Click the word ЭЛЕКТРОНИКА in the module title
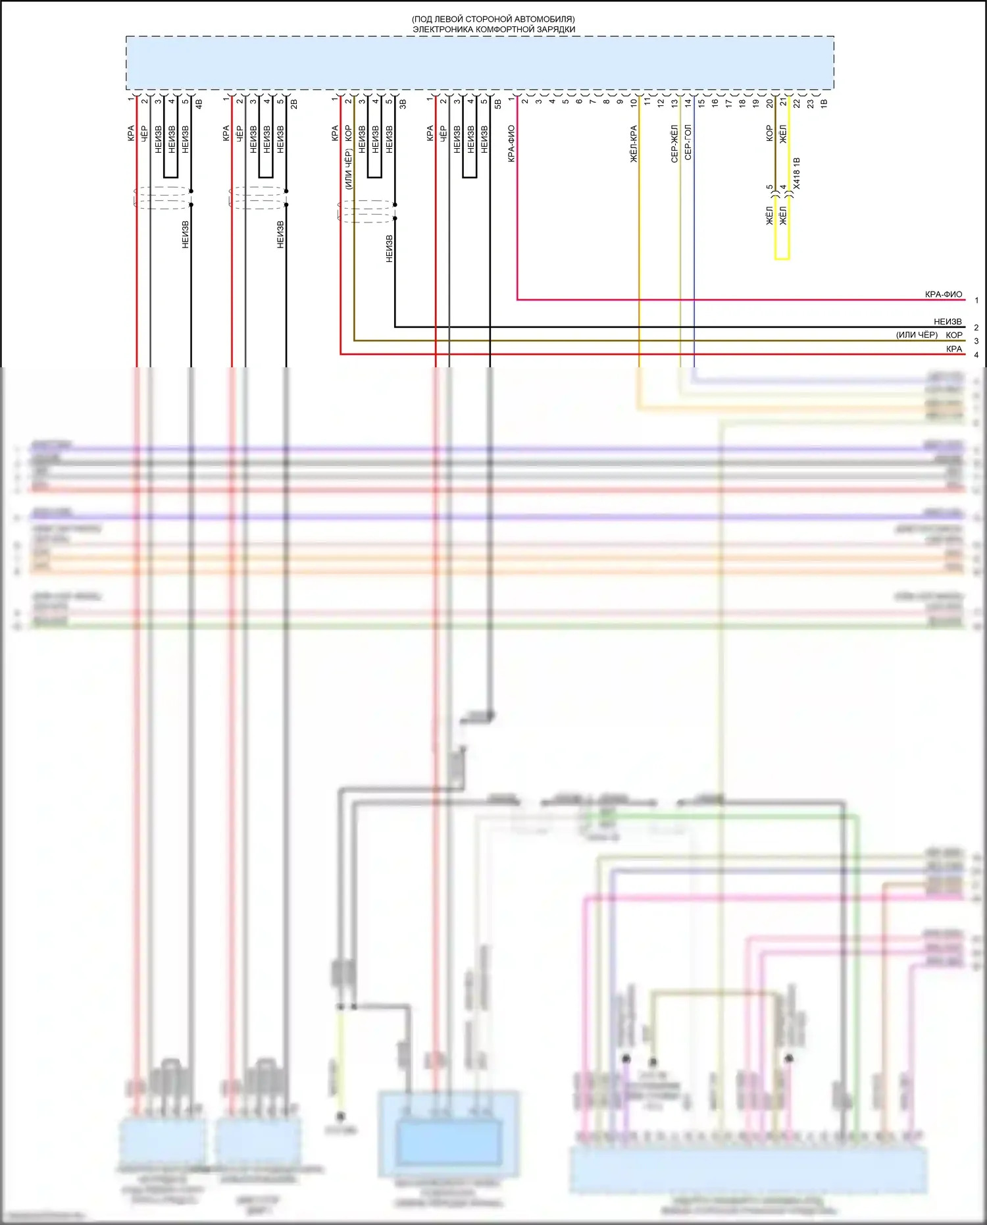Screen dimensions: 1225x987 pos(443,29)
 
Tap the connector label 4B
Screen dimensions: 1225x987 pos(199,103)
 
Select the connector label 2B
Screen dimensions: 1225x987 pos(294,103)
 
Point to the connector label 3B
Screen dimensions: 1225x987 pos(403,103)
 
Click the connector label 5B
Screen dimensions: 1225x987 pos(497,103)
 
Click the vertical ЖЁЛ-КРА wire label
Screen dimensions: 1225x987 pos(634,143)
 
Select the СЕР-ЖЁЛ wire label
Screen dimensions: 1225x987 pos(674,143)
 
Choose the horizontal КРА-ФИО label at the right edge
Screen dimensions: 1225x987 pos(943,294)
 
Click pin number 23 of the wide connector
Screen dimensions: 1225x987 pos(811,103)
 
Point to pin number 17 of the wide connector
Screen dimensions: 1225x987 pos(728,103)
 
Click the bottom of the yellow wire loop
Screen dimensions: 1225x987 pos(782,258)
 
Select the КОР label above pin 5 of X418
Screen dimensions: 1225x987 pos(769,134)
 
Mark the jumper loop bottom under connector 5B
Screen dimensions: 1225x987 pos(469,177)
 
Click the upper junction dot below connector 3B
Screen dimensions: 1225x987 pos(395,205)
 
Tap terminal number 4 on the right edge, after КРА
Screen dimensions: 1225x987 pos(976,355)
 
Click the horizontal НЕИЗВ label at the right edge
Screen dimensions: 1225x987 pos(948,322)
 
